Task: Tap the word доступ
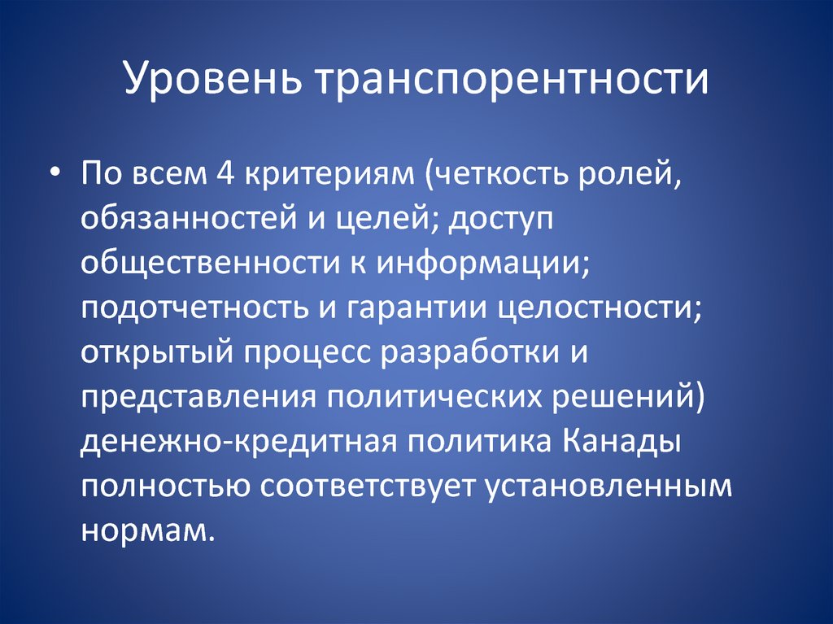pyautogui.click(x=504, y=220)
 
